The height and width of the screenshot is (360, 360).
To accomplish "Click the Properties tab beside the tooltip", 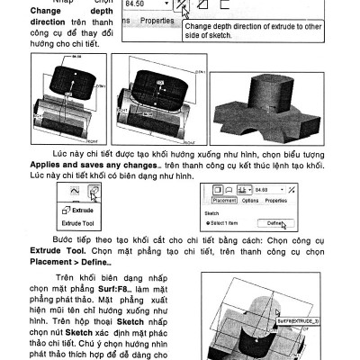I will pos(157,19).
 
